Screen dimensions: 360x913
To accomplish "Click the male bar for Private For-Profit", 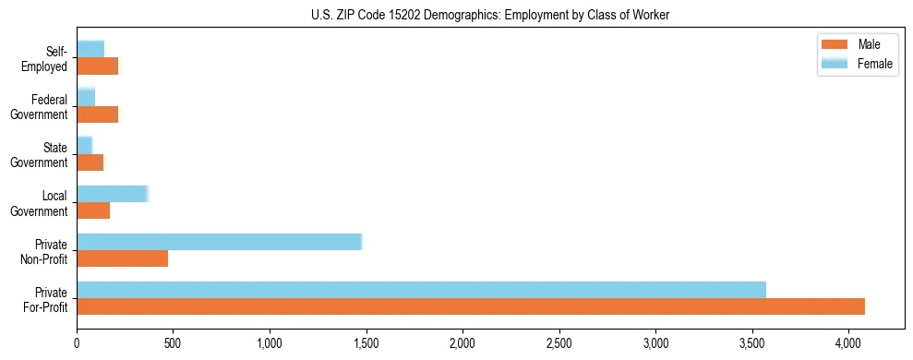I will [471, 306].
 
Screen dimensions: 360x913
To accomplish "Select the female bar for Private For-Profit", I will [421, 290].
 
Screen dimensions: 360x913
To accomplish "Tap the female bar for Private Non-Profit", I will [219, 242].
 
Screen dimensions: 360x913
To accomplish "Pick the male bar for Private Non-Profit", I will [122, 258].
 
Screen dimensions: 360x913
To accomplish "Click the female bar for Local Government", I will [112, 194].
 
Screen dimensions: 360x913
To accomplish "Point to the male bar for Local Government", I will [93, 210].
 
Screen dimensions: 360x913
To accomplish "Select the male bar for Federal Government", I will [97, 114].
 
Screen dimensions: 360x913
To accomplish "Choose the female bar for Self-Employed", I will [90, 49].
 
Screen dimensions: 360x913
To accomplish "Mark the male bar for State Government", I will [90, 162].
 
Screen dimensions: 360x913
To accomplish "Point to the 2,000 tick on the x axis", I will [462, 343].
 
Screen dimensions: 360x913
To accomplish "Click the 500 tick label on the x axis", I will [173, 343].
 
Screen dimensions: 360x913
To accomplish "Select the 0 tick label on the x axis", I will [77, 343].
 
